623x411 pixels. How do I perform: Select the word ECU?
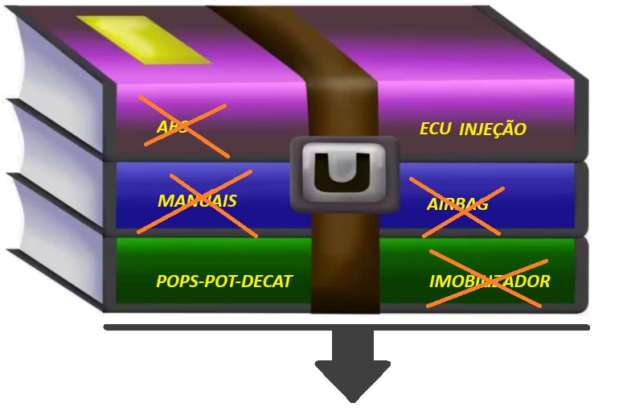tap(436, 129)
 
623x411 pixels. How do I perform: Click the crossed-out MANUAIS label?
tap(196, 200)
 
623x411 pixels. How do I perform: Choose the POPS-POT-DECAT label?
tap(223, 282)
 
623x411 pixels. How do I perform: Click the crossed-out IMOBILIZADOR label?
tap(489, 282)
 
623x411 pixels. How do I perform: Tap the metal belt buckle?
tap(343, 173)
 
